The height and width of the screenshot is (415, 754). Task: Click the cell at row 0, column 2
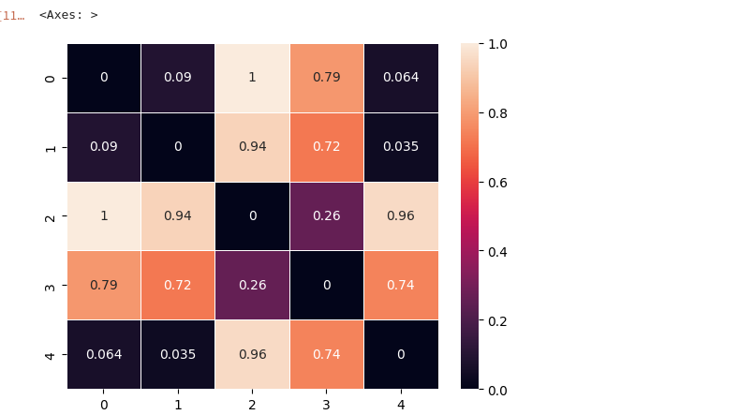(252, 78)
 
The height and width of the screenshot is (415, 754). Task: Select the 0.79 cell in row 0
(326, 78)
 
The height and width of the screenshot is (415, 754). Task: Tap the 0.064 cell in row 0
(400, 78)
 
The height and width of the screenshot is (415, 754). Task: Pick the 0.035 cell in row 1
(400, 147)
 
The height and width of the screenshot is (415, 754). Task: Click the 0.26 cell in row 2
(326, 216)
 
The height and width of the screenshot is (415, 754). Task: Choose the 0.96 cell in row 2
(400, 216)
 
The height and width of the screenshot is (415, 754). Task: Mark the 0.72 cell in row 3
(178, 285)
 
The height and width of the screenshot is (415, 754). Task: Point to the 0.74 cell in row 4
(326, 354)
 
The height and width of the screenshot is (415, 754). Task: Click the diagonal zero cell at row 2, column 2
(252, 216)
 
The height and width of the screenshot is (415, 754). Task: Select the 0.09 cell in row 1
(104, 147)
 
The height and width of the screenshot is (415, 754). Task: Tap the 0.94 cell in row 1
(252, 147)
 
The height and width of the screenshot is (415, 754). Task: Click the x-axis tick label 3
(326, 405)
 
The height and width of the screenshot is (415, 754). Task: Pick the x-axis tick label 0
(104, 405)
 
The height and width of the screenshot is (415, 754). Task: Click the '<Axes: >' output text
(68, 15)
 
